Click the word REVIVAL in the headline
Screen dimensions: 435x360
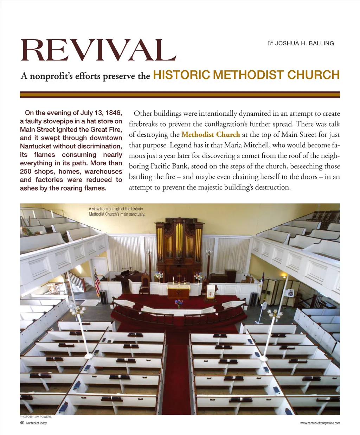point(98,50)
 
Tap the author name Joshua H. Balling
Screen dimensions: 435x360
point(304,43)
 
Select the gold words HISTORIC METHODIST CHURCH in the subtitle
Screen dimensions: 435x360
point(246,75)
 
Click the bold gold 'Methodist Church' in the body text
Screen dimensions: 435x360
point(211,135)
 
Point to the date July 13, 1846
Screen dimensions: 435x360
point(101,113)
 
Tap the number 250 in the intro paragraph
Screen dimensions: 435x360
point(26,172)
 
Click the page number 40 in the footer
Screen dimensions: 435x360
point(22,423)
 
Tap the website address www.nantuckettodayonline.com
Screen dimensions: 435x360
point(320,423)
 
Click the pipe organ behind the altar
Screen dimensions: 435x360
point(179,246)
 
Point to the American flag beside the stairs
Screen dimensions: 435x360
point(97,280)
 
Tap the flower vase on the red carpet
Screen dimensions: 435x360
point(179,303)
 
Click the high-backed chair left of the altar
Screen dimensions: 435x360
point(145,283)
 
